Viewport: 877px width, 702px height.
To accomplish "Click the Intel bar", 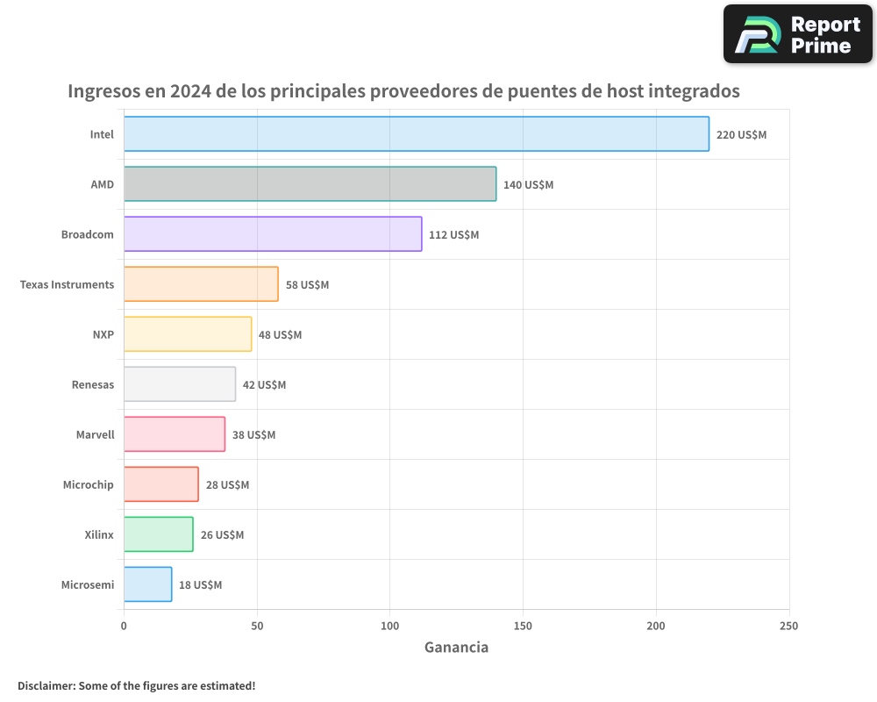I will (x=416, y=134).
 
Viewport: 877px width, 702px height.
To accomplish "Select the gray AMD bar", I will (x=310, y=184).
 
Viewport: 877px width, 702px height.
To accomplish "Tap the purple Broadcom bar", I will (x=273, y=234).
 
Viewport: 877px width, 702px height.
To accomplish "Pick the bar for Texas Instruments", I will (x=201, y=284).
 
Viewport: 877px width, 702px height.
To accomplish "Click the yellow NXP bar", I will (x=188, y=334).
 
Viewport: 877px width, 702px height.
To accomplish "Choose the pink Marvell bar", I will (x=175, y=434).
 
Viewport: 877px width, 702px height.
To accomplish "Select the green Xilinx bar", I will (x=158, y=534).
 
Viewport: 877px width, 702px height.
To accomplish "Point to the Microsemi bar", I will (x=147, y=584).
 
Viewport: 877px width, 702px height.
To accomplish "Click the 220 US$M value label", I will (x=741, y=135).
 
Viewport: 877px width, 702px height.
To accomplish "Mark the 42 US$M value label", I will (x=264, y=385).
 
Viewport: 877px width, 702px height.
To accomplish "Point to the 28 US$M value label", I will (x=227, y=485).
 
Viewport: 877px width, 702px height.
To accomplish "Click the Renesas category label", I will (x=93, y=384).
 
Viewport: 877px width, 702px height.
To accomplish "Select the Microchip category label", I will (x=88, y=484).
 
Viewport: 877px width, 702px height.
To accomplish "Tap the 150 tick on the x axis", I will (x=523, y=626).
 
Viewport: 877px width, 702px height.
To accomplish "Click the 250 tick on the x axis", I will (x=788, y=626).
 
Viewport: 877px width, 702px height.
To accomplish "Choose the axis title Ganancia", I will (x=456, y=648).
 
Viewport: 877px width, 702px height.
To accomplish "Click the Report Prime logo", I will (x=797, y=34).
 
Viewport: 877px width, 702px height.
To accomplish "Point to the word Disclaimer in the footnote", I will (x=46, y=685).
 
